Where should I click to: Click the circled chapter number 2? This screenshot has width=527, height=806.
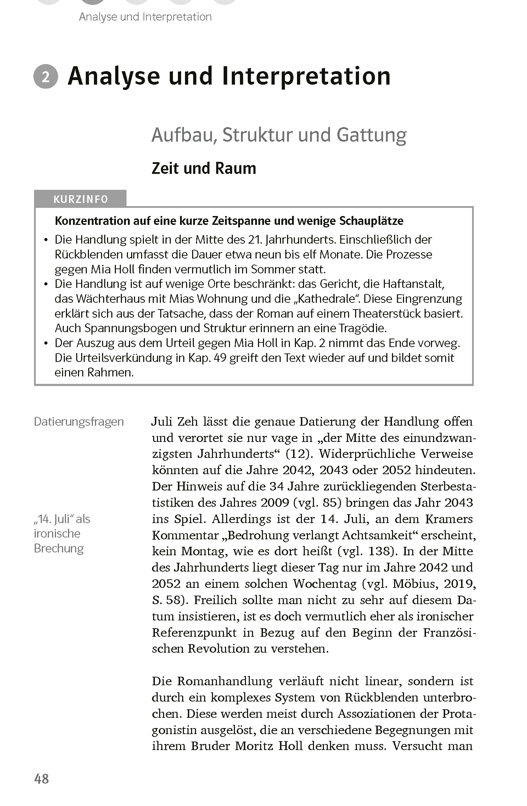coord(46,77)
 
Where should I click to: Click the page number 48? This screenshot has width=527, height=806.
coord(41,779)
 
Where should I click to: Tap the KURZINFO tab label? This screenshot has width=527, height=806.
coord(80,199)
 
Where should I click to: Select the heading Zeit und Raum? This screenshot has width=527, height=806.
coord(204,169)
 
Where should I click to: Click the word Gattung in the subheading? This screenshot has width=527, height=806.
coord(372,135)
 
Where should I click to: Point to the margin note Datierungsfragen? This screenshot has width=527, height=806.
coord(79,422)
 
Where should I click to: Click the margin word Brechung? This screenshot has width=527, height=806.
coord(59,549)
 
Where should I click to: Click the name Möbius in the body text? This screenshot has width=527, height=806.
coord(413,584)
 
